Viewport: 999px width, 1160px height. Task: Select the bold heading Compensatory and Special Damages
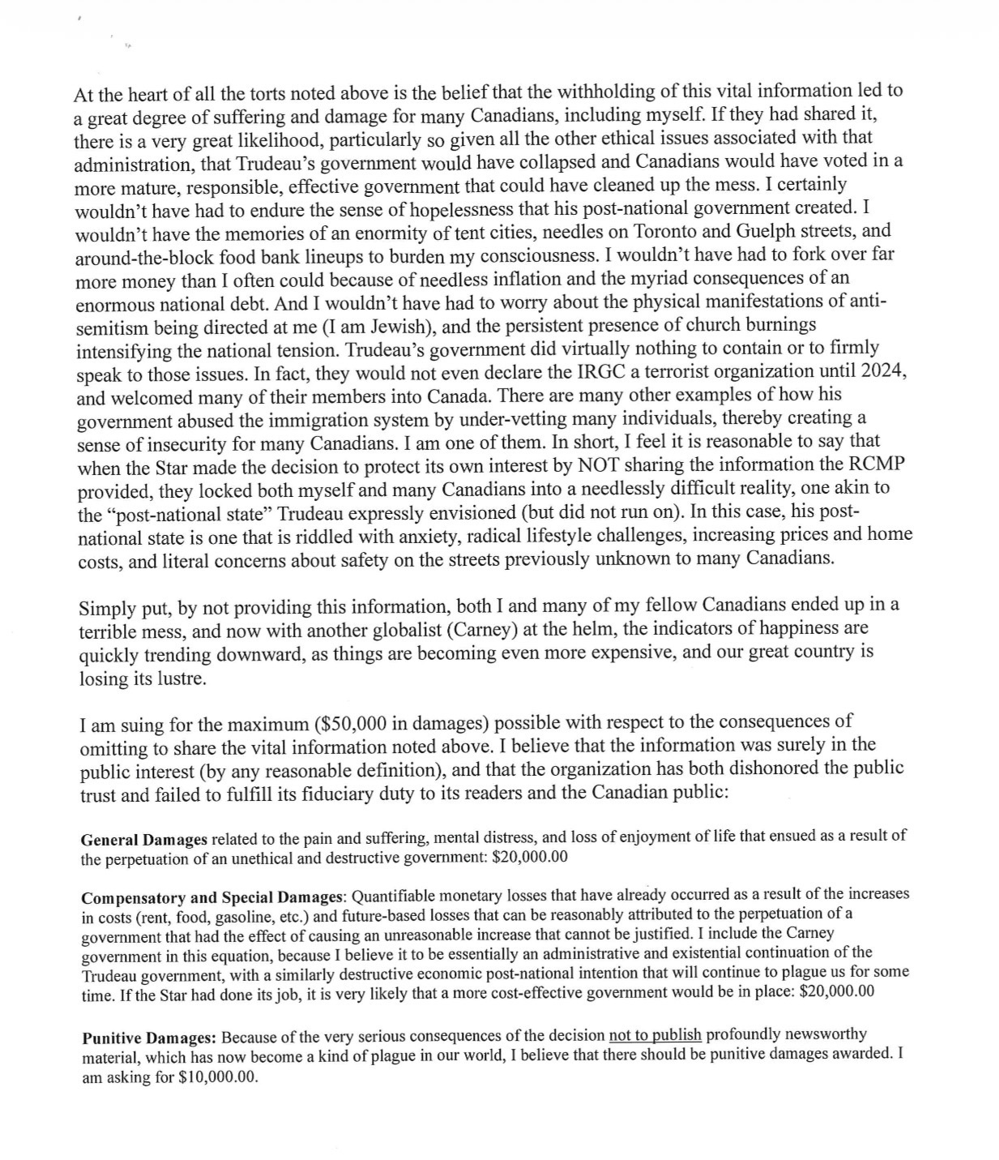click(213, 897)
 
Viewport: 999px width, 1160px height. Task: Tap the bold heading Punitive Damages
click(149, 1037)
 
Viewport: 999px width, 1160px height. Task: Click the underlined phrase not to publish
click(655, 1035)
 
